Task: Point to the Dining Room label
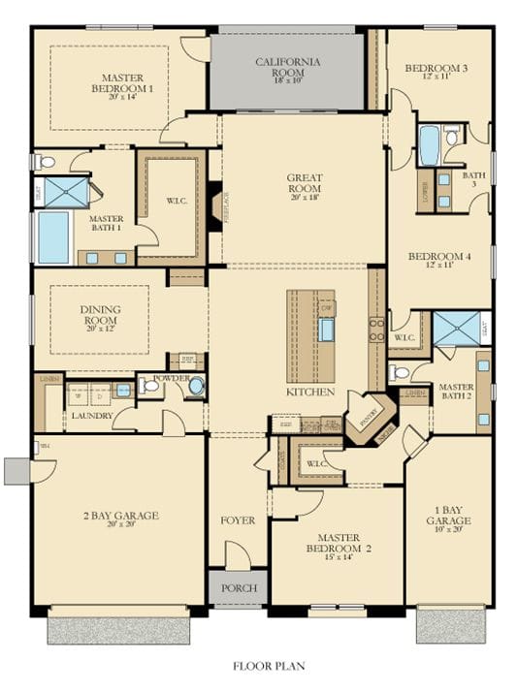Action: coord(100,316)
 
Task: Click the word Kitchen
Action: coord(310,393)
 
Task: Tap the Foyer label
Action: coord(237,520)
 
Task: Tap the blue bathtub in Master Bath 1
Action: coord(54,237)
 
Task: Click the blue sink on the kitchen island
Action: coord(327,330)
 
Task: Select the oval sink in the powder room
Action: coord(196,387)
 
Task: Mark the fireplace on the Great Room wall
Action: coord(212,205)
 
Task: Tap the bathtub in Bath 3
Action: coord(429,145)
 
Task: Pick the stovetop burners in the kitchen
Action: coord(376,330)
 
